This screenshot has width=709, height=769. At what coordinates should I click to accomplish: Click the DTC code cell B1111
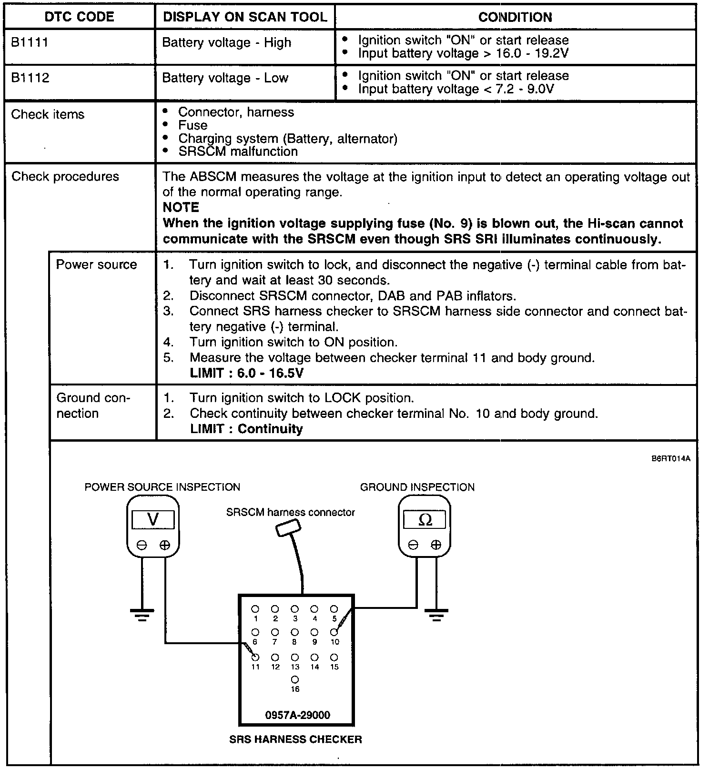pos(30,42)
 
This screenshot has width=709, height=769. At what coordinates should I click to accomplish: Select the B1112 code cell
pos(30,78)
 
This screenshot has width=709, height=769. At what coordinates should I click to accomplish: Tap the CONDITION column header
pos(515,17)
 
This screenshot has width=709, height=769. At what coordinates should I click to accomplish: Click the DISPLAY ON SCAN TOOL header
pos(245,17)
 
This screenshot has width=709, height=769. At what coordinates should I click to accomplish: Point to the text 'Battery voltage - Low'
pos(225,78)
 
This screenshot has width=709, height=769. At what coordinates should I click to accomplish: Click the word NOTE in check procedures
pos(181,207)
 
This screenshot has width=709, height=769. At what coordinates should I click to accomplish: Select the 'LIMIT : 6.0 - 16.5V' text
pos(246,373)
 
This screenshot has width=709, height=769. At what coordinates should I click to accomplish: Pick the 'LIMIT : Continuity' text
pos(246,429)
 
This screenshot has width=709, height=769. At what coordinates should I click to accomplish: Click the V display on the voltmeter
pos(153,519)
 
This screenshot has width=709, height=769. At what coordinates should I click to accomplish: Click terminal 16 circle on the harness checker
pos(295,680)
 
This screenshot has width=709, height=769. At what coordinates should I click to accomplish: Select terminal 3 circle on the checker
pos(295,609)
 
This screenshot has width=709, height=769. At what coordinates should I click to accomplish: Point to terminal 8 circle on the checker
pos(295,632)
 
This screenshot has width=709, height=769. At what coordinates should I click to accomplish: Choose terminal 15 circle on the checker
pos(334,658)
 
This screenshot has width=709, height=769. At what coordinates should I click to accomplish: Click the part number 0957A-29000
pos(297,715)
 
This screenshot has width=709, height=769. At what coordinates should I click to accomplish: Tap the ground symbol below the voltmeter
pos(142,615)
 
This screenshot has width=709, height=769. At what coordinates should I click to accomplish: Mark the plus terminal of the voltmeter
pos(164,545)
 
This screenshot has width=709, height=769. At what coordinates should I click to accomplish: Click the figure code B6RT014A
pos(671,459)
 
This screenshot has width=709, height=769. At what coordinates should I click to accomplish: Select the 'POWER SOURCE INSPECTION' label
pos(162,487)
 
